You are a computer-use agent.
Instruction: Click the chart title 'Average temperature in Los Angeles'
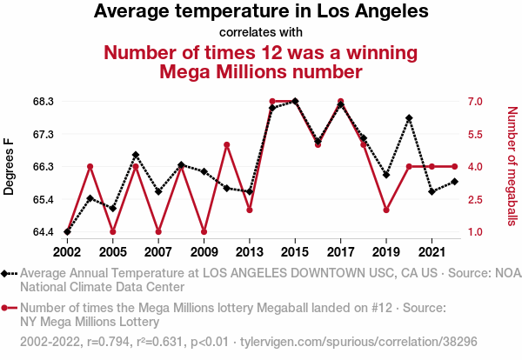261,12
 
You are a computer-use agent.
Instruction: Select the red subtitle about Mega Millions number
261,61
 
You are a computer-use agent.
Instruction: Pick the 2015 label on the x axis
295,252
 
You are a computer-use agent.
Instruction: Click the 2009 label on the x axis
204,252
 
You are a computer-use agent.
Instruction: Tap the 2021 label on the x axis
432,252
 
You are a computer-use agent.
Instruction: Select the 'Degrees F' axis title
10,166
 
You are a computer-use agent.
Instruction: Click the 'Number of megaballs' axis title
512,166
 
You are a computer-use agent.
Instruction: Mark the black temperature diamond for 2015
295,101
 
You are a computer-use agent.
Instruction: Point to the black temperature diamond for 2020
409,118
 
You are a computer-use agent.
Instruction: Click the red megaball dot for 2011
226,144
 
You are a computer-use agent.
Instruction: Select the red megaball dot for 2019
386,210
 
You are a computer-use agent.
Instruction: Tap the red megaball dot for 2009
204,231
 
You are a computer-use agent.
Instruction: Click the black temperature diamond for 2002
67,231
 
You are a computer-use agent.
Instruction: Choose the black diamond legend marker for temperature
9,273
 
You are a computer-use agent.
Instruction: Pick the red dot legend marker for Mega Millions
9,308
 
